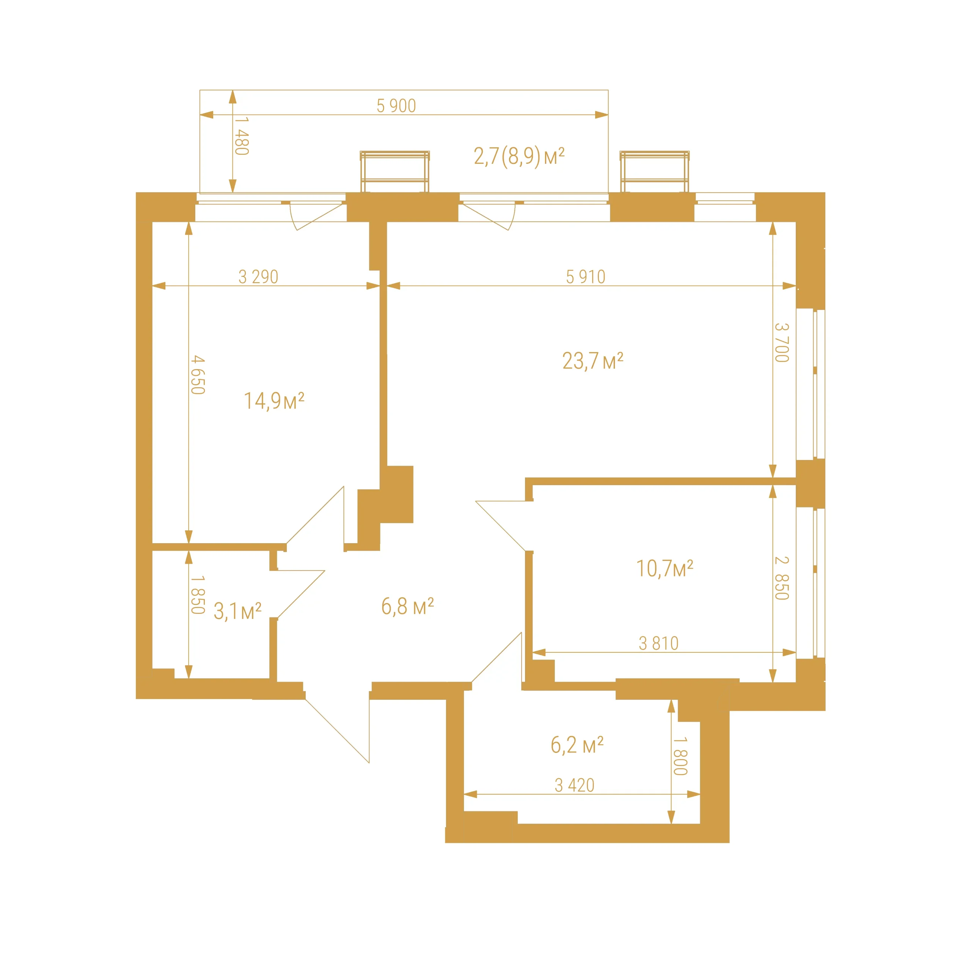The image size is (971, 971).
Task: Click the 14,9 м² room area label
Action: [x=274, y=401]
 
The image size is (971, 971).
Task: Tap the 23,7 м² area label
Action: [x=592, y=361]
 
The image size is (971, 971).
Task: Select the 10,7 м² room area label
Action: [x=665, y=569]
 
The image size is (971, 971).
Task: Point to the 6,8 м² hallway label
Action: [x=407, y=606]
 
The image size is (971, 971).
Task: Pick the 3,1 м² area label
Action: [x=237, y=611]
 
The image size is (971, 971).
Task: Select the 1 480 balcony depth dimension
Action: [x=242, y=136]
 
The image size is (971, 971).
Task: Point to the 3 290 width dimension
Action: [x=258, y=277]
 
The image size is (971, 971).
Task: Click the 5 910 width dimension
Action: [x=586, y=277]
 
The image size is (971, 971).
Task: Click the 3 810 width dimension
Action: [x=658, y=643]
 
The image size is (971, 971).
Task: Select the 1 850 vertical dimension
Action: [x=198, y=595]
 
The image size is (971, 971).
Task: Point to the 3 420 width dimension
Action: [x=575, y=785]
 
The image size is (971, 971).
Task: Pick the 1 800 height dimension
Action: [x=680, y=756]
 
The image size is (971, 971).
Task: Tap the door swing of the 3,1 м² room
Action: [x=300, y=594]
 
